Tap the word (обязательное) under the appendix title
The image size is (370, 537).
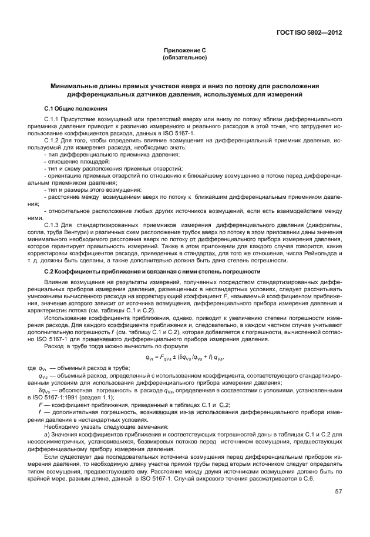click(x=184, y=58)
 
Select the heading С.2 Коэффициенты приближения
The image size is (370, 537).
click(x=152, y=271)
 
